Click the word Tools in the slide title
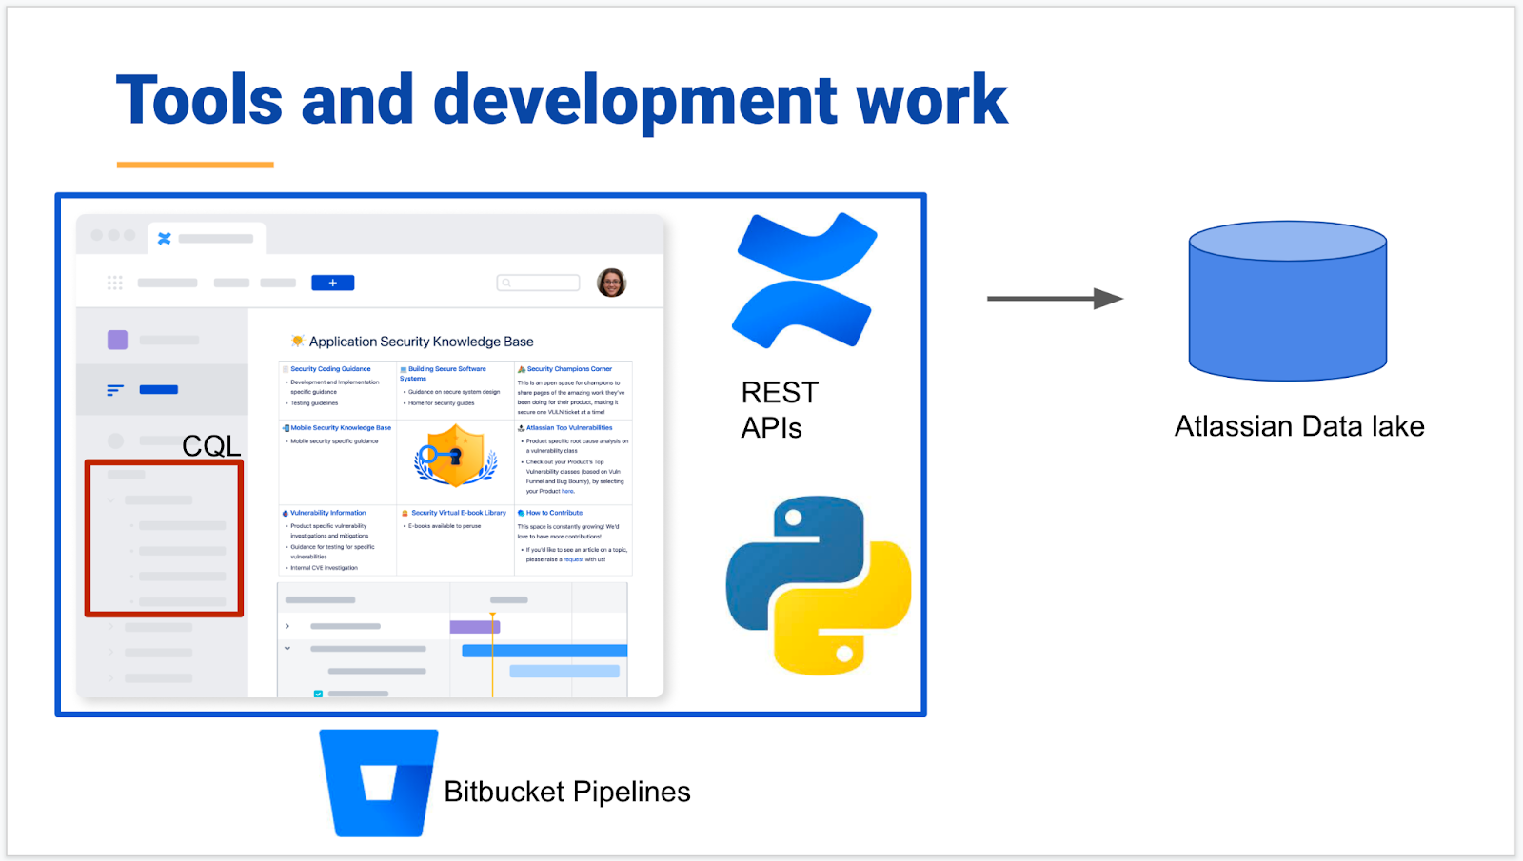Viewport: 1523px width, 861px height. pyautogui.click(x=199, y=101)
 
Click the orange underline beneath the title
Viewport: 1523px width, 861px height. pyautogui.click(x=195, y=165)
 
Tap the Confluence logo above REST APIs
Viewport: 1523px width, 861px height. pyautogui.click(x=804, y=280)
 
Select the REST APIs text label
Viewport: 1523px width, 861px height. pyautogui.click(x=780, y=410)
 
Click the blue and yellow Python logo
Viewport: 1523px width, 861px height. pyautogui.click(x=819, y=585)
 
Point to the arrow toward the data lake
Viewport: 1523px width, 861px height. pyautogui.click(x=1055, y=299)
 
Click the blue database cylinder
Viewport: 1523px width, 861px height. pyautogui.click(x=1287, y=302)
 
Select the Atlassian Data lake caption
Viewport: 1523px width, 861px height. pyautogui.click(x=1299, y=426)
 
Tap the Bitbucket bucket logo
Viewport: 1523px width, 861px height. pyautogui.click(x=379, y=783)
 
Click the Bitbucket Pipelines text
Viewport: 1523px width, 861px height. pyautogui.click(x=567, y=792)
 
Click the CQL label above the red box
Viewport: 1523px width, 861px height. pyautogui.click(x=211, y=445)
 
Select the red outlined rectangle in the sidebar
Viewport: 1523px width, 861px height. pyautogui.click(x=164, y=538)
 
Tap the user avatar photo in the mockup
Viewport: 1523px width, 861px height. pyautogui.click(x=611, y=283)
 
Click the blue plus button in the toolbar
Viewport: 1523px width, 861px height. pyautogui.click(x=333, y=283)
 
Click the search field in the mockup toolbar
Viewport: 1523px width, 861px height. pyautogui.click(x=539, y=283)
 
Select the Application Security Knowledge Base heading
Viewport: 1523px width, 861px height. pyautogui.click(x=421, y=342)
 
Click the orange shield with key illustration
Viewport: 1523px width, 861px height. pyautogui.click(x=456, y=455)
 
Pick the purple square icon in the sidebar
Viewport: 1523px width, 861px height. pyautogui.click(x=117, y=340)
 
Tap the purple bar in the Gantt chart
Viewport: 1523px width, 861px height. pyautogui.click(x=474, y=626)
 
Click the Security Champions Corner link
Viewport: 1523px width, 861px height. pyautogui.click(x=569, y=369)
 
